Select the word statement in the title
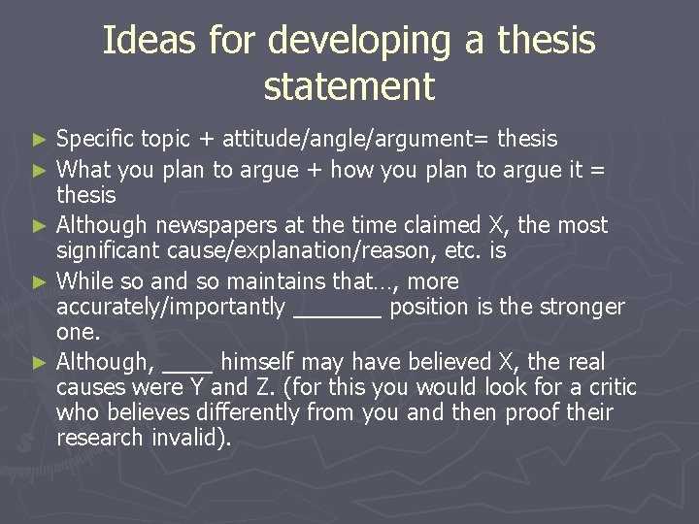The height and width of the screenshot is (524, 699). click(349, 87)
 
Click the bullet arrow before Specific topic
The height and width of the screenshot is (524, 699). click(39, 140)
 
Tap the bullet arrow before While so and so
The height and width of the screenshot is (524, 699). click(39, 282)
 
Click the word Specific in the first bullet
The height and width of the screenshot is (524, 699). click(95, 140)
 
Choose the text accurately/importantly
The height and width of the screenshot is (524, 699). click(171, 308)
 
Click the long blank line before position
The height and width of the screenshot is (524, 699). click(337, 313)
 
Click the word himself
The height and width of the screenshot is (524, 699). click(255, 362)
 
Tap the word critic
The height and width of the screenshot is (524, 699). click(611, 388)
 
